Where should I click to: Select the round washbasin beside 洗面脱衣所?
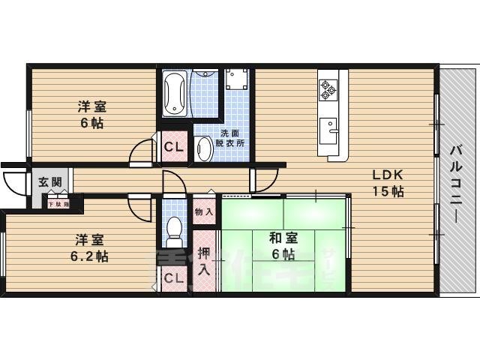[x=204, y=148]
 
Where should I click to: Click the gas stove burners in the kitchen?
[x=328, y=89]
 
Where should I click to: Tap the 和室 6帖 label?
[x=283, y=247]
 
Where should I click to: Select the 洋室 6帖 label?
[x=93, y=115]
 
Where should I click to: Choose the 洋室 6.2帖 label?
[x=91, y=248]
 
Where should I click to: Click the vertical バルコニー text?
[x=455, y=180]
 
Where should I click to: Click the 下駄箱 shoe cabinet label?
[x=58, y=203]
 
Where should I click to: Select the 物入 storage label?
[x=204, y=212]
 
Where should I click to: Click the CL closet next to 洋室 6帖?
[x=174, y=147]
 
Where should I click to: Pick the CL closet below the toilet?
[x=174, y=279]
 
